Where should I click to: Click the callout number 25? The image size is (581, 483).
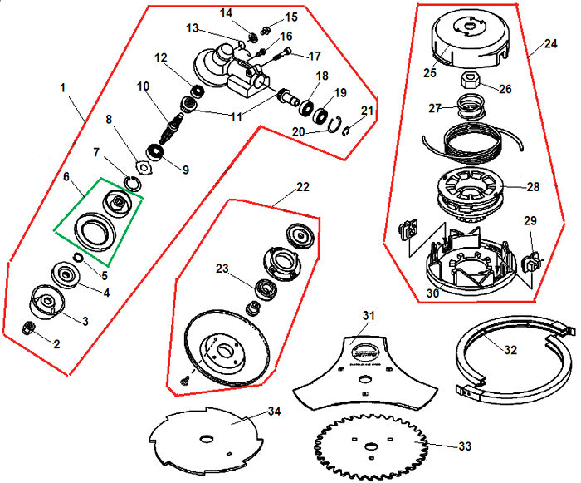click(430, 72)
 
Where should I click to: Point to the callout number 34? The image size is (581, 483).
click(274, 411)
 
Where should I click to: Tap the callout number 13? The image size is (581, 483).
click(192, 29)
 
